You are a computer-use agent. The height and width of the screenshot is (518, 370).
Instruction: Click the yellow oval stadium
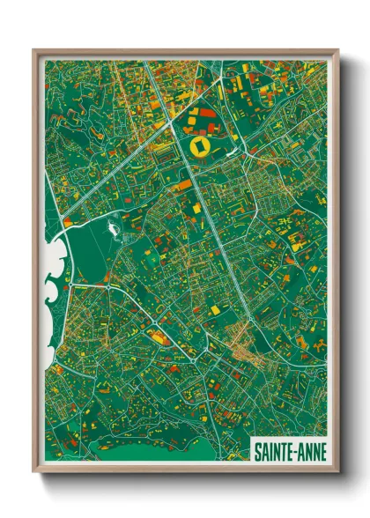pos(201,141)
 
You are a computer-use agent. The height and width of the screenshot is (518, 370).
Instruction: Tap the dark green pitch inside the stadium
pos(201,141)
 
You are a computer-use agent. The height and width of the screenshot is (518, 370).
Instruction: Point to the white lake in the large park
pos(113,231)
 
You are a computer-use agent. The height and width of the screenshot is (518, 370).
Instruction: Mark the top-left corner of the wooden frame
pos(34,50)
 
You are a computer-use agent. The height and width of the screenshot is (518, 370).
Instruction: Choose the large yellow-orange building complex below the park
pos(159,336)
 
